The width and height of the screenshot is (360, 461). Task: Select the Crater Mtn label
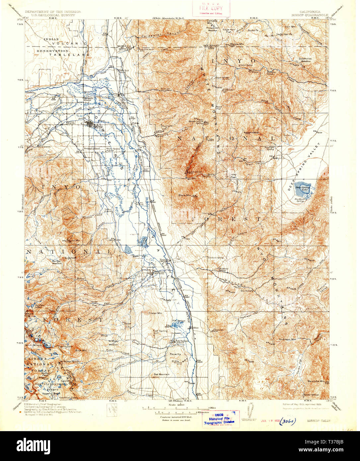click(x=155, y=313)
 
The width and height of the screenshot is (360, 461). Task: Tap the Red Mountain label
click(x=162, y=374)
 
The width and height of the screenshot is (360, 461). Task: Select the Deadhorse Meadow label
click(x=305, y=60)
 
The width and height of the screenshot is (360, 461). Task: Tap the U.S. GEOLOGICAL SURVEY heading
click(x=52, y=15)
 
